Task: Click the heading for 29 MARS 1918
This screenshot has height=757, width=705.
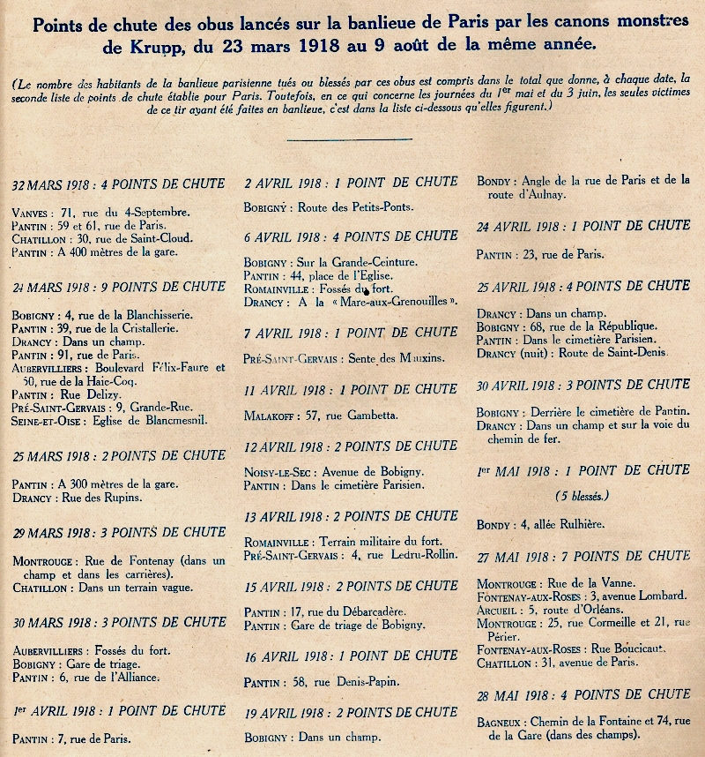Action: pos(119,532)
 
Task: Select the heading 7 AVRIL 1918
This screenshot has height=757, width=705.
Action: pos(351,333)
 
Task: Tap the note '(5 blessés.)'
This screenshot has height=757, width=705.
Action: pos(582,495)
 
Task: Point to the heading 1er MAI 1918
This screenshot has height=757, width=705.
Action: pos(583,470)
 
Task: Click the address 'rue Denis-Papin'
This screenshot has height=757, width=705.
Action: pos(359,681)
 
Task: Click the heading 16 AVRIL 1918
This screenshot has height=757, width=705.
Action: pos(351,656)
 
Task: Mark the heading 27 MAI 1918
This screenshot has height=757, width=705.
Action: pos(583,556)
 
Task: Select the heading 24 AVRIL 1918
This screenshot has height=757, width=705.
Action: pos(583,226)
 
